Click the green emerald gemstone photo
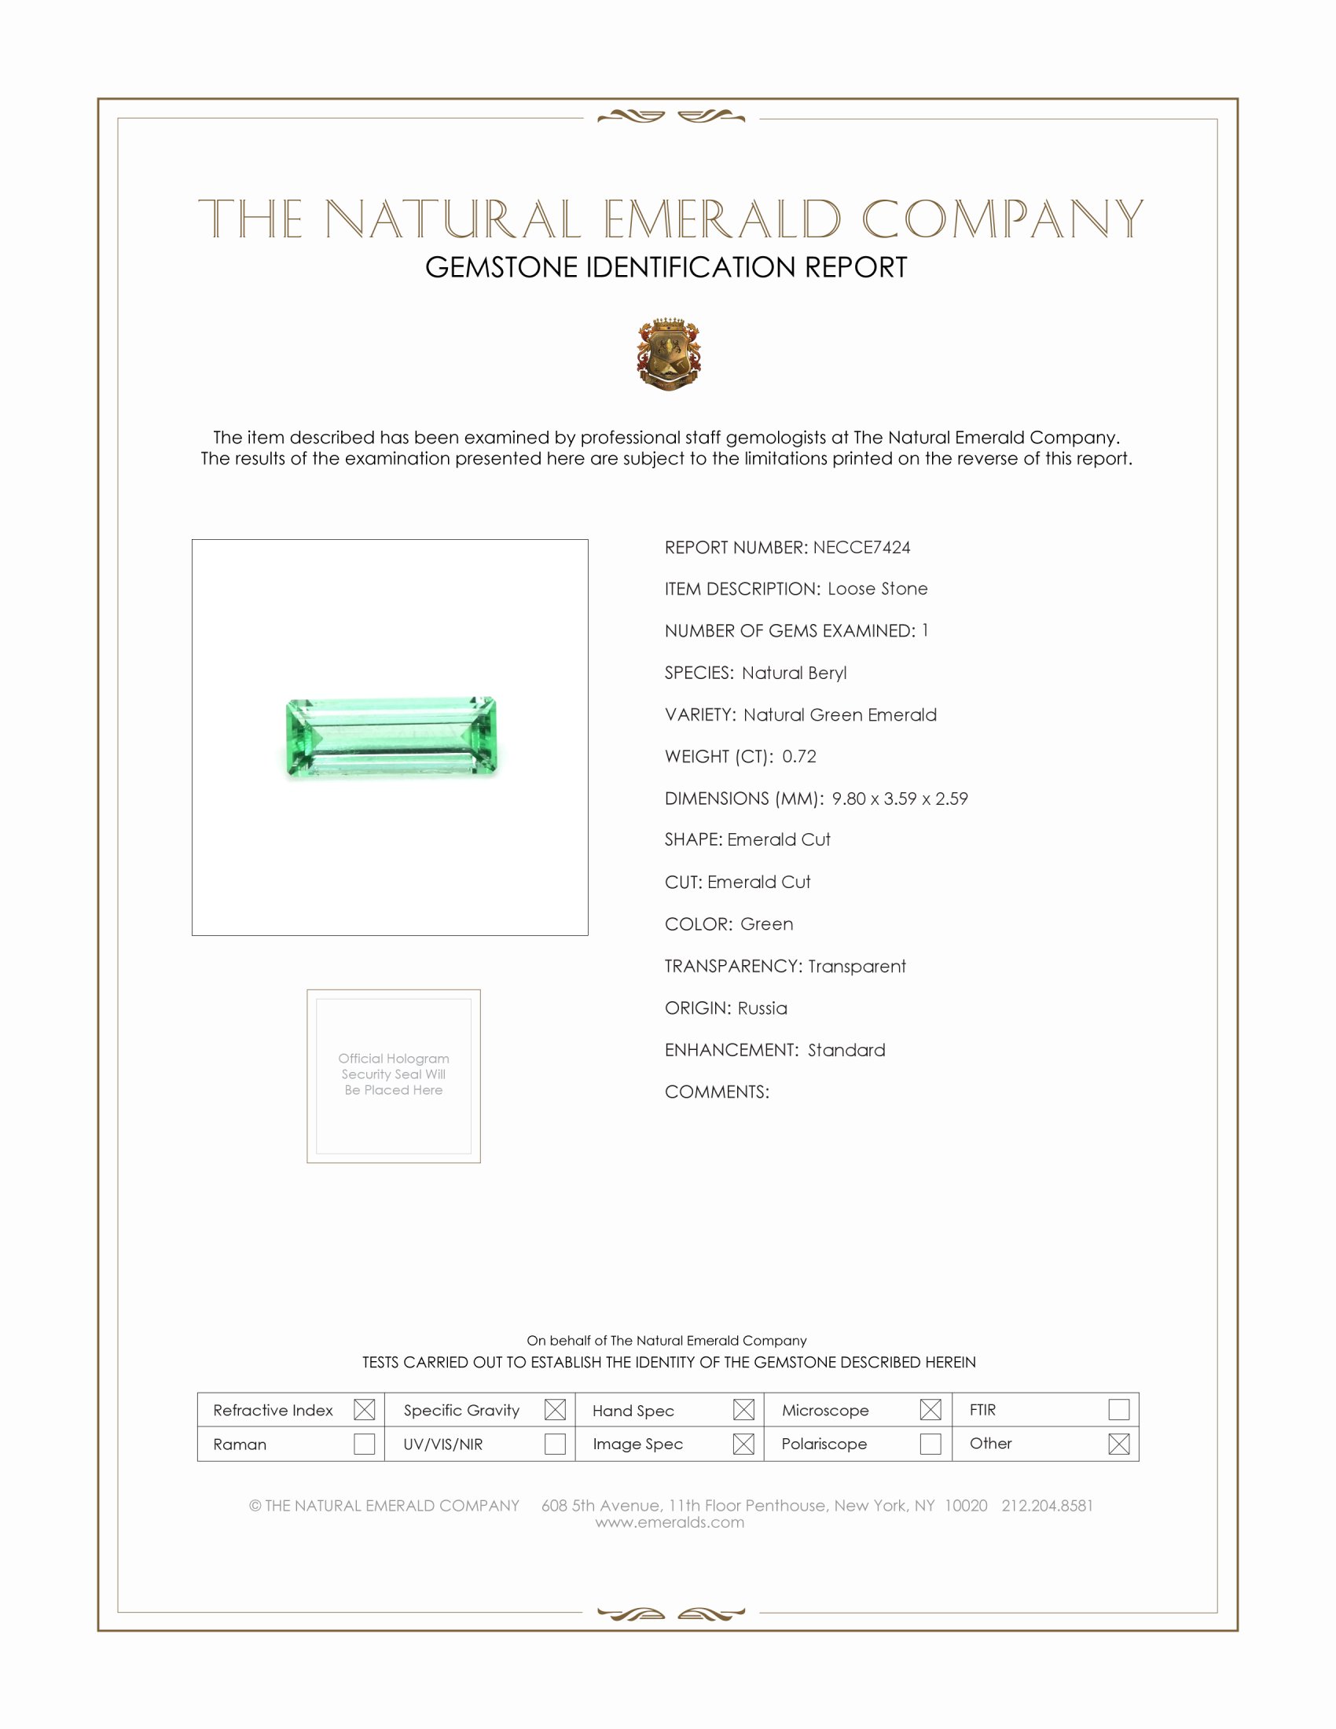tap(391, 737)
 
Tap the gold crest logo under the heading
tap(670, 354)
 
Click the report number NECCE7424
tap(861, 547)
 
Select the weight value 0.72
tap(798, 756)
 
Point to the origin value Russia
tap(762, 1008)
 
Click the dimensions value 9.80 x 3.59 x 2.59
tap(899, 798)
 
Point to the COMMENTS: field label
tap(716, 1092)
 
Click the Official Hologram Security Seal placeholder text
tap(394, 1074)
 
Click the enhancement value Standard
tap(846, 1050)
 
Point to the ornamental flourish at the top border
tap(670, 117)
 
